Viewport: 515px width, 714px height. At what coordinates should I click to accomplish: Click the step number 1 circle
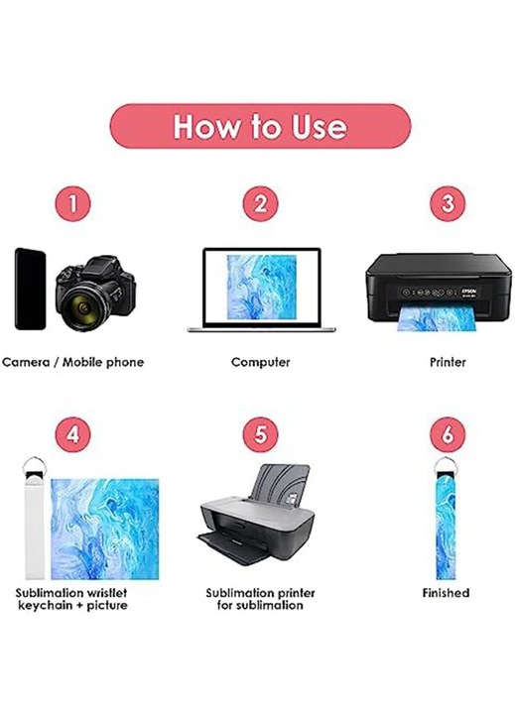point(72,203)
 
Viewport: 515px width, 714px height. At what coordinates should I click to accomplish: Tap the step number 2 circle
point(260,203)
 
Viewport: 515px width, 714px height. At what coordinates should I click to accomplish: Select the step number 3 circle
point(448,203)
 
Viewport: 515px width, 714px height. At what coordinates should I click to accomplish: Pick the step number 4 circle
point(72,434)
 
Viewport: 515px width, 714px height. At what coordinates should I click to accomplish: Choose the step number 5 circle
point(260,434)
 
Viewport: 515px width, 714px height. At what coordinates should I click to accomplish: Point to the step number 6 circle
point(448,434)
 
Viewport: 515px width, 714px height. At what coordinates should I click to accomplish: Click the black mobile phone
point(30,289)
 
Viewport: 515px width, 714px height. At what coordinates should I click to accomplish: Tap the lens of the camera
point(83,307)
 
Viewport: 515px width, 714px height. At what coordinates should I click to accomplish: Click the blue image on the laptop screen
point(262,287)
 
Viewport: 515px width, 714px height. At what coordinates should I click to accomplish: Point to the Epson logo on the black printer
point(469,290)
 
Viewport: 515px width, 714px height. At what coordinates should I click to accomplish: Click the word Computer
point(260,362)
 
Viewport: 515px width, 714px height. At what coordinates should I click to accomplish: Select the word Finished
point(446,593)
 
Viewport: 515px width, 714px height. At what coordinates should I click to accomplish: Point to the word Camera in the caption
point(26,363)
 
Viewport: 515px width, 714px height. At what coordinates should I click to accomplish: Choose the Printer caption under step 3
point(448,362)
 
